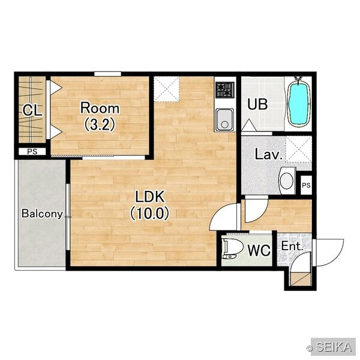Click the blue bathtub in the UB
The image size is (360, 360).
click(x=299, y=104)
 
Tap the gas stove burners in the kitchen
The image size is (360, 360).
click(x=225, y=90)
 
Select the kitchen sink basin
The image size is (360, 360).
click(x=225, y=119)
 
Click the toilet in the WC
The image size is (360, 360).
click(x=233, y=248)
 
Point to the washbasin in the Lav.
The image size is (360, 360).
click(x=287, y=181)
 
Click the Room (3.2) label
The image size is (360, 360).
click(x=100, y=116)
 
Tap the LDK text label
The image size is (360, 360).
click(x=149, y=197)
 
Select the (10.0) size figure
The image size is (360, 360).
click(x=149, y=213)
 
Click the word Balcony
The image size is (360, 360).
click(x=42, y=214)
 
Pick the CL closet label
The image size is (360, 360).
click(x=32, y=110)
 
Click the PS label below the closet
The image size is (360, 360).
click(x=32, y=152)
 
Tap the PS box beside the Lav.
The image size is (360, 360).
click(x=306, y=185)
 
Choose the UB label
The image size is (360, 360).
click(x=257, y=104)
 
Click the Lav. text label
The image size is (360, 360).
click(x=269, y=154)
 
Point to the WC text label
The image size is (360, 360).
click(x=259, y=250)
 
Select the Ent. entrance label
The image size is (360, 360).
click(x=292, y=247)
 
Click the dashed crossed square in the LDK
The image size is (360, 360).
click(x=166, y=89)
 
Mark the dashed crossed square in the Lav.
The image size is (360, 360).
click(x=299, y=149)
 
